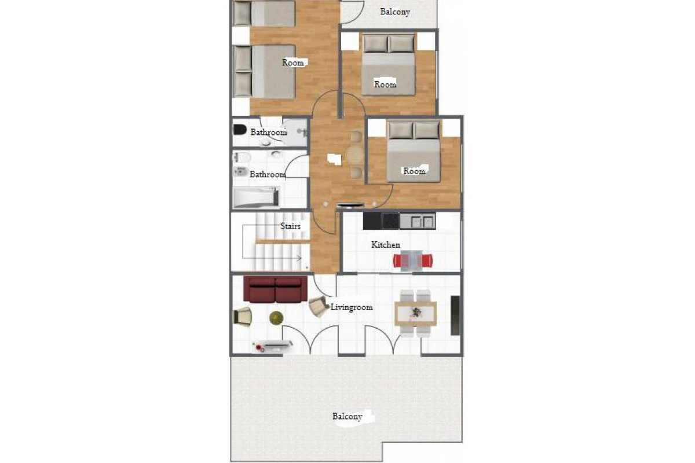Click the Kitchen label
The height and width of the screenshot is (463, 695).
[x=385, y=245]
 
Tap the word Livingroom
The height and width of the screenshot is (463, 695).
[x=352, y=307]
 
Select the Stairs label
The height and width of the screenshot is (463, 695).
[x=290, y=226]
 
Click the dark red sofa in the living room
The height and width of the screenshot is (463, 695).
[x=275, y=289]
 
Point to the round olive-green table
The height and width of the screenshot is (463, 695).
[x=276, y=318]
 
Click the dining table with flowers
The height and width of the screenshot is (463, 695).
[x=415, y=313]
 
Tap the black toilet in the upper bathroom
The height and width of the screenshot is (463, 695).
[x=240, y=129]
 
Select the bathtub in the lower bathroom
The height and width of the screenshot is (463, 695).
[x=256, y=197]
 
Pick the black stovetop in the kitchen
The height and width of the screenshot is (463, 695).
[x=390, y=221]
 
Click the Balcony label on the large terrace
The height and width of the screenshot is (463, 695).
[x=347, y=417]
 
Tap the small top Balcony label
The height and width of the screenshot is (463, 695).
[x=395, y=12]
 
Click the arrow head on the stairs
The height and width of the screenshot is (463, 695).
[x=299, y=258]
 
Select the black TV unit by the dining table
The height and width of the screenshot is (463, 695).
[x=455, y=315]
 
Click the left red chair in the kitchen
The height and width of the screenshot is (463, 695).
[x=397, y=261]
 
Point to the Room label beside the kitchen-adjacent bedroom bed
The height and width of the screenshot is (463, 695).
[x=414, y=171]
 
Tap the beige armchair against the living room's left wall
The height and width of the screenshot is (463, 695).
[x=242, y=317]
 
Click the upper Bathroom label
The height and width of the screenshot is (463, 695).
[x=269, y=133]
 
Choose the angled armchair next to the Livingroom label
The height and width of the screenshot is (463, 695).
[x=319, y=306]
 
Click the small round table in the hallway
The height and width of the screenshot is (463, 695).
[x=356, y=154]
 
